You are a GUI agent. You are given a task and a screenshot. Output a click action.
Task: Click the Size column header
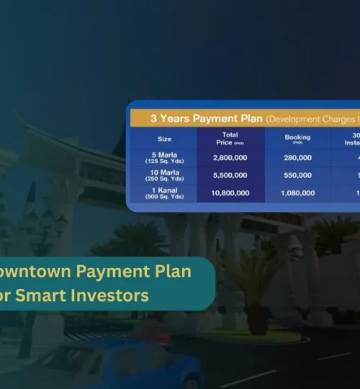pyautogui.click(x=164, y=138)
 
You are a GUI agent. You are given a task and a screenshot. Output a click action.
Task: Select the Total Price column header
pyautogui.click(x=230, y=138)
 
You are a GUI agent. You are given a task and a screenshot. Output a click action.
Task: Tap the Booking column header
pyautogui.click(x=297, y=138)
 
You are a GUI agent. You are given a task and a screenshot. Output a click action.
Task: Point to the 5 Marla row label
pyautogui.click(x=164, y=157)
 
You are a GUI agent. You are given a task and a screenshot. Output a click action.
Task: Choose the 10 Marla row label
pyautogui.click(x=164, y=175)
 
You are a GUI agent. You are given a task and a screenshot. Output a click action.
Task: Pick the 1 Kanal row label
pyautogui.click(x=164, y=193)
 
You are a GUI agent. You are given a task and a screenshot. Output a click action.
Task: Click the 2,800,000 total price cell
pyautogui.click(x=230, y=157)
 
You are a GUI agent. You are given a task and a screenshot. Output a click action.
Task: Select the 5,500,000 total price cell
pyautogui.click(x=230, y=175)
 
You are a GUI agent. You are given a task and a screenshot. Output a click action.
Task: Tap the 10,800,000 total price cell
pyautogui.click(x=230, y=193)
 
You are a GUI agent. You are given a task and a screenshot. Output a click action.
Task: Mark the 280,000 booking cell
pyautogui.click(x=297, y=157)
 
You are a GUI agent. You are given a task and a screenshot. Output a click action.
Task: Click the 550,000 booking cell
pyautogui.click(x=297, y=175)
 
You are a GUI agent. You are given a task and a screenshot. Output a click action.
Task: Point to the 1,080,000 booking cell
pyautogui.click(x=297, y=193)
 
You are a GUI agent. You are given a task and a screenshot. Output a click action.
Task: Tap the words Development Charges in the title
pyautogui.click(x=311, y=118)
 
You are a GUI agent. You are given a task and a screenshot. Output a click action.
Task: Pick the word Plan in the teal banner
pyautogui.click(x=173, y=272)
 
